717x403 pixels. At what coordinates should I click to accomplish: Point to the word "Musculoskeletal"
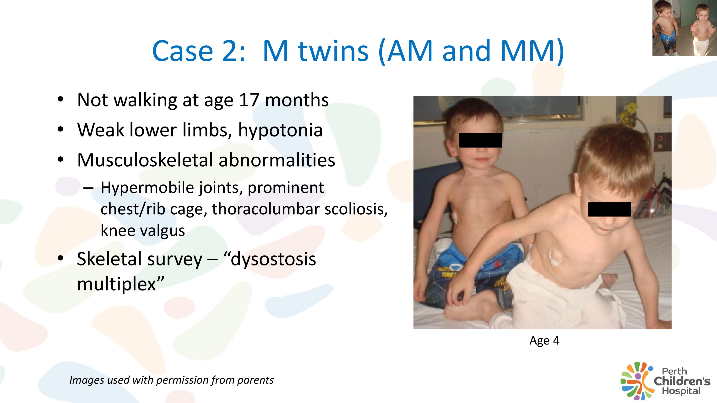(145, 160)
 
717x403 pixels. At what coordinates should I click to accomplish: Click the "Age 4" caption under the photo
(544, 341)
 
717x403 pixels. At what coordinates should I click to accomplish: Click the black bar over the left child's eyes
(480, 140)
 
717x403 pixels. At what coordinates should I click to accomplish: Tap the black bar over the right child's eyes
(609, 209)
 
